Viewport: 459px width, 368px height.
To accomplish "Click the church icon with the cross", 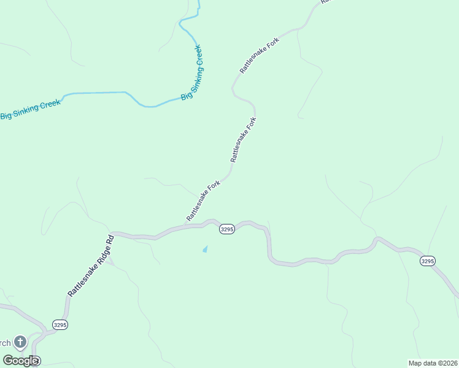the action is click(x=20, y=342).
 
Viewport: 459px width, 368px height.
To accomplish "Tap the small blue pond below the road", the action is click(x=205, y=249).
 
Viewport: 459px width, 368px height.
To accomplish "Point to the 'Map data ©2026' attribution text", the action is click(x=432, y=363).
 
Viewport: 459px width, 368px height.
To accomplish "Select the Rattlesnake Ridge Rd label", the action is click(x=90, y=266).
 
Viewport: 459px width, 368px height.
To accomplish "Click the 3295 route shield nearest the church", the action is click(x=60, y=324).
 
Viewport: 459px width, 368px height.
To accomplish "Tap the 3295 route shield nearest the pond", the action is click(x=226, y=229).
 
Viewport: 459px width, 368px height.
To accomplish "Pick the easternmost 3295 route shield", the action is click(x=428, y=261).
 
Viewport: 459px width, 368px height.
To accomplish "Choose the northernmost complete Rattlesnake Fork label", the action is click(x=260, y=56).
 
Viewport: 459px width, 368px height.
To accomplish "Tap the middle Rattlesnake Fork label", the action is click(x=243, y=139).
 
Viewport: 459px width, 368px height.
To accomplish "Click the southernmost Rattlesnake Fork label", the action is click(x=203, y=201).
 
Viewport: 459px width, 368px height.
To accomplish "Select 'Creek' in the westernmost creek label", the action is click(x=49, y=105).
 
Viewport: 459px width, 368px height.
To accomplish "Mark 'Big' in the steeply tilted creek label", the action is click(x=184, y=96).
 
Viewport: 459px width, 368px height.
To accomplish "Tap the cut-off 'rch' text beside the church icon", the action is click(x=6, y=342).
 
